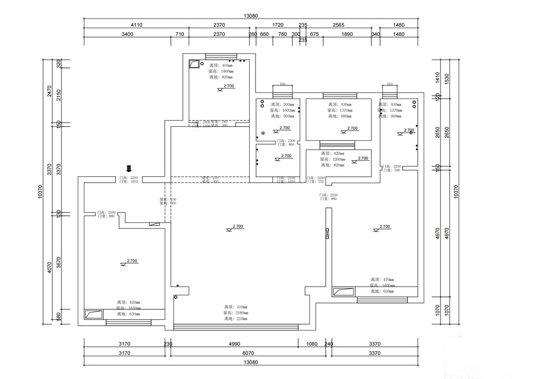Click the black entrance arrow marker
[129, 168]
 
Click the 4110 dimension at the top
[136, 25]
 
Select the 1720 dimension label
[277, 25]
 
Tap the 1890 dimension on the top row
[346, 34]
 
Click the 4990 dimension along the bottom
[234, 344]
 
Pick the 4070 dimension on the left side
[49, 268]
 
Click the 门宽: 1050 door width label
[129, 182]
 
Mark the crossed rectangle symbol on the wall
[327, 234]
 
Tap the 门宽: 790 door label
[392, 171]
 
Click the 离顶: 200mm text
[282, 104]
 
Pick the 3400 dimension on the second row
[127, 34]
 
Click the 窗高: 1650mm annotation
[129, 308]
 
